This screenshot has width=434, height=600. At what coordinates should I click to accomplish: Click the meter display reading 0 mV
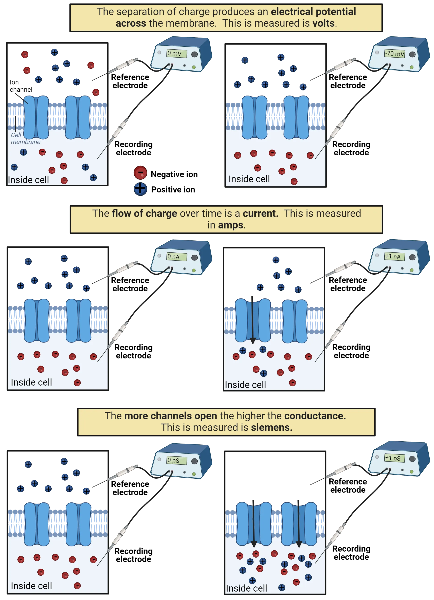[176, 53]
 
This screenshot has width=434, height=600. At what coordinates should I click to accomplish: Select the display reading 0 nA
[176, 257]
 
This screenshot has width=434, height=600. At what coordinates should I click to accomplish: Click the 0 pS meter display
[176, 460]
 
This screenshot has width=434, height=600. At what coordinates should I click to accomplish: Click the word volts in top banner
[323, 23]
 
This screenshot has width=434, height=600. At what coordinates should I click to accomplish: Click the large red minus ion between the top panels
[140, 173]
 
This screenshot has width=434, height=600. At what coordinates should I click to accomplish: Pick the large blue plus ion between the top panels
[140, 189]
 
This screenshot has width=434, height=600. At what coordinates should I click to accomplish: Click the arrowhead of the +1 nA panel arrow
[253, 341]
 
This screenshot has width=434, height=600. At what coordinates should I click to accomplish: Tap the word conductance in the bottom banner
[314, 416]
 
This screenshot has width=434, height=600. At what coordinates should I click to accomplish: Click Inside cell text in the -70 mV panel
[249, 179]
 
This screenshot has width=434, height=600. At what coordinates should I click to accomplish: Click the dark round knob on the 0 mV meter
[195, 54]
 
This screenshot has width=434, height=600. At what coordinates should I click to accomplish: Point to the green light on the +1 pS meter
[412, 472]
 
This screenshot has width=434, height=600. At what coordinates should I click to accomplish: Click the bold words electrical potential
[313, 12]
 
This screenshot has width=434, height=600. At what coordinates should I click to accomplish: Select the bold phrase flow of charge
[144, 214]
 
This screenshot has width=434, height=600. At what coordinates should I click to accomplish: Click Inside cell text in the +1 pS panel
[246, 588]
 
